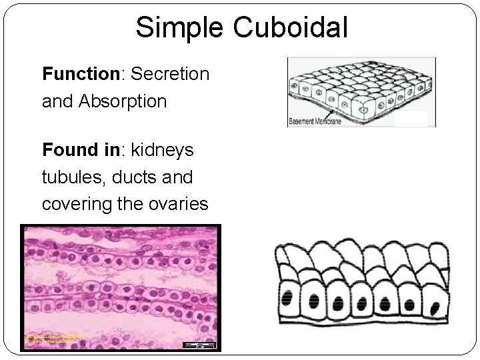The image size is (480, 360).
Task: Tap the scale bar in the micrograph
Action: [199, 345]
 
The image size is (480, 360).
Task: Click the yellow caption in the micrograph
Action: [54, 339]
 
